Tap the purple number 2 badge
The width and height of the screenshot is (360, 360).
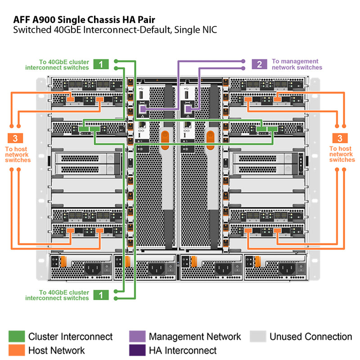pos(259,64)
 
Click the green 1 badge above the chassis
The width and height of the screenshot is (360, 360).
pos(101,64)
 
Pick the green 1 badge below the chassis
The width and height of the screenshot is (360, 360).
pos(101,295)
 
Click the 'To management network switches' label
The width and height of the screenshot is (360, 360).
pos(297,64)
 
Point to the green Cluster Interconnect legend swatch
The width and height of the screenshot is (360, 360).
pos(16,337)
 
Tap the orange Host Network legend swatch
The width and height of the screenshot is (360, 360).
pos(16,350)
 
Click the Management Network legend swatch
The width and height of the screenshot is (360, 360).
pos(137,337)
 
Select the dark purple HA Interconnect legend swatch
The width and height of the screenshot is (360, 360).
pos(137,350)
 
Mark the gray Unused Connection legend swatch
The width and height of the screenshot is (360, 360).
pos(257,337)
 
